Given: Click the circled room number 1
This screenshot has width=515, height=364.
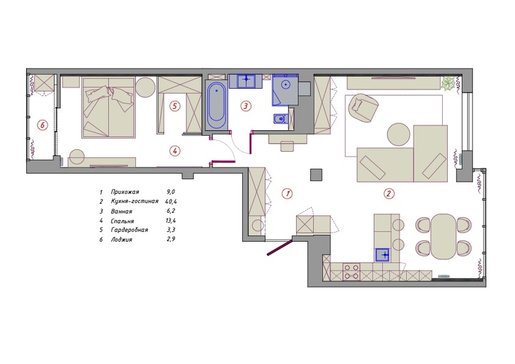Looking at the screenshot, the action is [x=287, y=194].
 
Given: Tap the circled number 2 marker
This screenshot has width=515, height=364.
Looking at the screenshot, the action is [x=389, y=194].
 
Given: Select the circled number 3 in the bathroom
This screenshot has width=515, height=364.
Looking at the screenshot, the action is [x=245, y=106].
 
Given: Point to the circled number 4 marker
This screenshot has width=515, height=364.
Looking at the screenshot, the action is [x=175, y=151].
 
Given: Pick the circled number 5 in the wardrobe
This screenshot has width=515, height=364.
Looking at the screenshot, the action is [x=175, y=106].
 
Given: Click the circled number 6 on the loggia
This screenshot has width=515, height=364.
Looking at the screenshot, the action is [x=42, y=125].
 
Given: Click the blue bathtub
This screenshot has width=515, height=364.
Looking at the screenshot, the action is [x=216, y=105].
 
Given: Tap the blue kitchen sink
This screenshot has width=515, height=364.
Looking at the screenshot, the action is [x=382, y=255].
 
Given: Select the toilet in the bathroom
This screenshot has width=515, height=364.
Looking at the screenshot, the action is [x=279, y=118].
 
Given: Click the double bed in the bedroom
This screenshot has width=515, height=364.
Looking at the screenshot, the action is [x=109, y=108].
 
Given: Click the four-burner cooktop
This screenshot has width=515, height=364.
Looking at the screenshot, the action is [x=351, y=271].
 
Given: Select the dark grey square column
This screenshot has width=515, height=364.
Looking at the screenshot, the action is [x=316, y=175].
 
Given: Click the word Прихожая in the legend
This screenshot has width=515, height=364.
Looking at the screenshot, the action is [x=125, y=192].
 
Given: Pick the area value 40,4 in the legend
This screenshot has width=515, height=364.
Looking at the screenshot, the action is [x=171, y=201].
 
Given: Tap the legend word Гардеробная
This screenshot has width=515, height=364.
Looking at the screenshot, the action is [x=130, y=230].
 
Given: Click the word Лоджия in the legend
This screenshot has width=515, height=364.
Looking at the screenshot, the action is [x=122, y=239].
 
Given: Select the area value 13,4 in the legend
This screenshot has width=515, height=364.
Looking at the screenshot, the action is [x=171, y=221].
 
